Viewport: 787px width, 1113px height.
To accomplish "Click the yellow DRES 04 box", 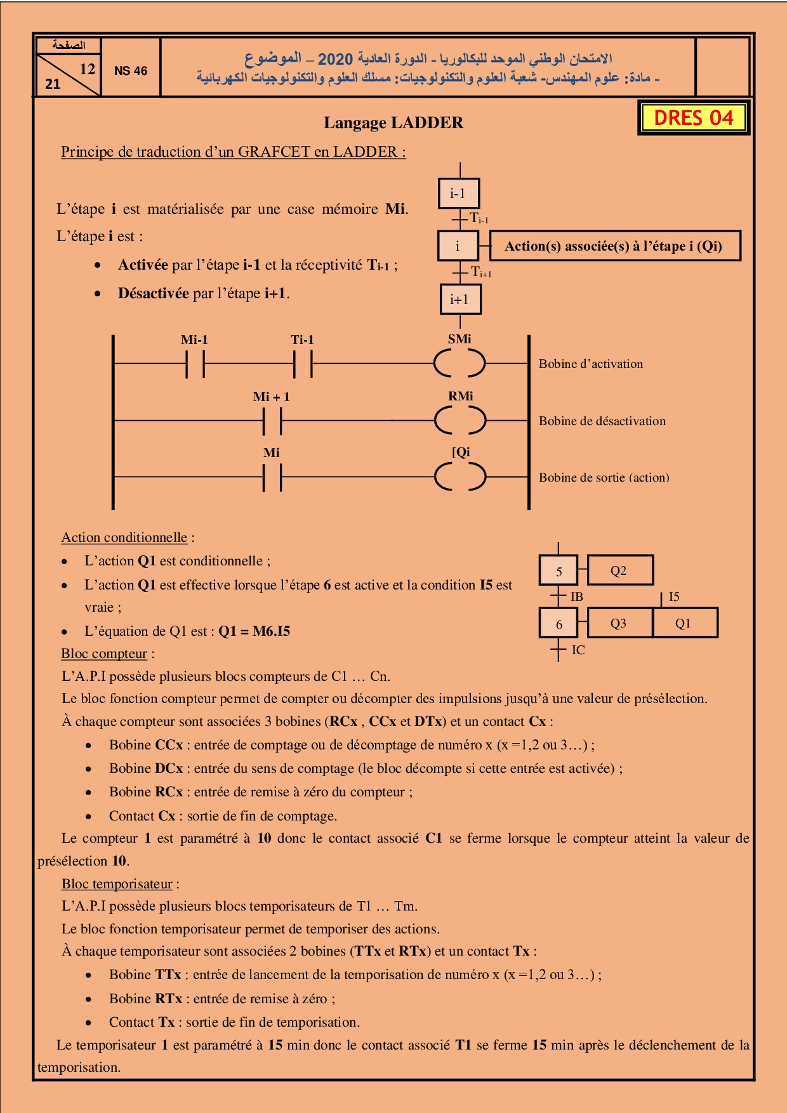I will point(693,118).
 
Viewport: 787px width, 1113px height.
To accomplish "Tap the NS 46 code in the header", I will point(130,71).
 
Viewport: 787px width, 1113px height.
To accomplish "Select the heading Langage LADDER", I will point(393,123).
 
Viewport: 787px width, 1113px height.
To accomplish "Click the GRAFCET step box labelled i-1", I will point(458,194).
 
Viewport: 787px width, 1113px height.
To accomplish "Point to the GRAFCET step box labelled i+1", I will point(460,300).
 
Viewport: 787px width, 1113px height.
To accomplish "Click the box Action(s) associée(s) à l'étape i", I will point(614,246).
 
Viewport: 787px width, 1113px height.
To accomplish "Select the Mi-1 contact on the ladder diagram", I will point(195,364).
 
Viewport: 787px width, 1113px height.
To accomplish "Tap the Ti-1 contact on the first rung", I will point(303,364).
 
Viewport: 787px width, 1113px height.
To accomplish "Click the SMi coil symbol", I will point(460,364).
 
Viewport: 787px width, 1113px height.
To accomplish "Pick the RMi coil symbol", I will point(460,420).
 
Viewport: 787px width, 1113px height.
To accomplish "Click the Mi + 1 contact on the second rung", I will point(272,420).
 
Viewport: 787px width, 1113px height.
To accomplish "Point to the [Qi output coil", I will point(460,477).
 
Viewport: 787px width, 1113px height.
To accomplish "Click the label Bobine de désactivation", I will point(602,421).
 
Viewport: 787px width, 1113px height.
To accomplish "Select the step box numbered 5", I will point(559,571).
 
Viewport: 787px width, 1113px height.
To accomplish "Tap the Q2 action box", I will point(619,570).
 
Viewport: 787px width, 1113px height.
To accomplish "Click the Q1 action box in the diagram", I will point(684,623).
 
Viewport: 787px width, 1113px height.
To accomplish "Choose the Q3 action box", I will point(619,623).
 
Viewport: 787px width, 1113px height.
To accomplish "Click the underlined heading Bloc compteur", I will point(104,654).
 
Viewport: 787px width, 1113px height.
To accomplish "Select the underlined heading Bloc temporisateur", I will point(117,884).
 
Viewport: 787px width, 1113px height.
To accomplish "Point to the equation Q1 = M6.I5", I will point(254,631).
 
